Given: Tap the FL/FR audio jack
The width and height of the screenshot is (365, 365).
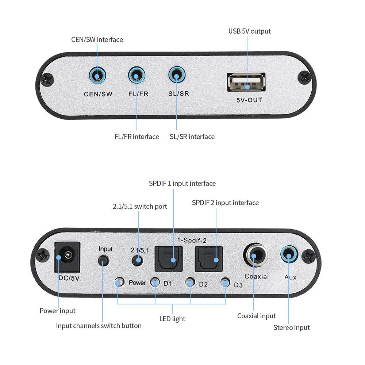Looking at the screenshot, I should point(137,76).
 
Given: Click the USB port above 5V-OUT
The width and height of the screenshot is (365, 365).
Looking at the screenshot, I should point(246,82).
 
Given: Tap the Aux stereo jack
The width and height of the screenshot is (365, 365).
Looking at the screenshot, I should point(289,255).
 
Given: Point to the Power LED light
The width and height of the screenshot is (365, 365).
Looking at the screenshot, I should point(118,282).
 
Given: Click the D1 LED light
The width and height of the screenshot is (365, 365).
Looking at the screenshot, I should point(155,282).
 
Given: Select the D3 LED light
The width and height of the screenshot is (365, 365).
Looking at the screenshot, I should point(225,282).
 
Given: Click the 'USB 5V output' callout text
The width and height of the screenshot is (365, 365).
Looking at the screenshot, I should point(249,31).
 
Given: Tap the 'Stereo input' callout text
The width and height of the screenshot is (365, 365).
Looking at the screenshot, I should point(291,327).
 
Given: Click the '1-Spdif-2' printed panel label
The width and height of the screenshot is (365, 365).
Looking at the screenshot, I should point(192,240).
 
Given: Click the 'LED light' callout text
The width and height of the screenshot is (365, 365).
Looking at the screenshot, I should point(172,319).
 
